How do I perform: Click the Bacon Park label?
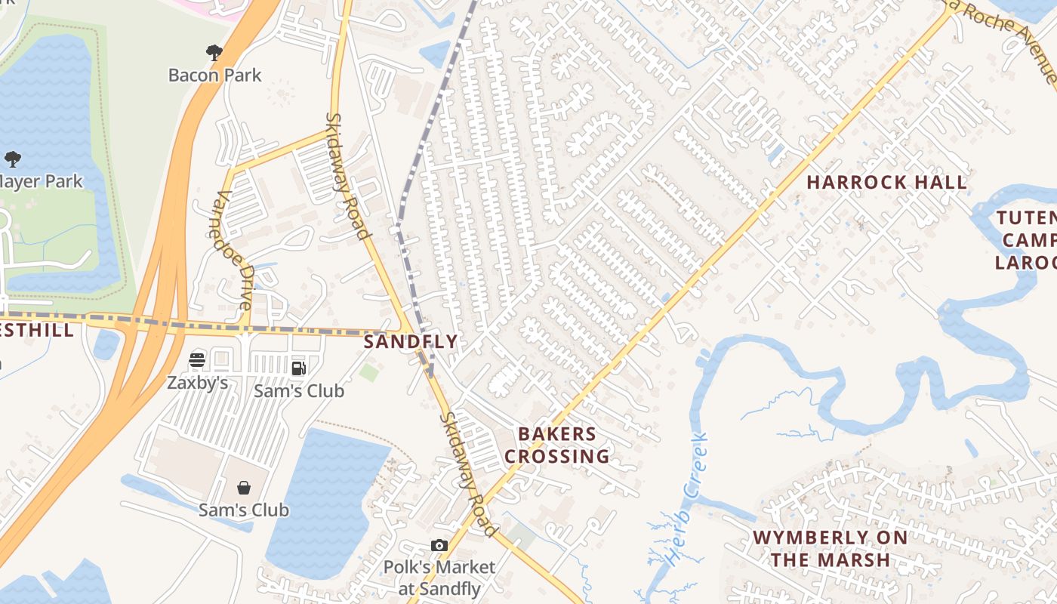214,75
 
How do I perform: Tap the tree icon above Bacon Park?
214,52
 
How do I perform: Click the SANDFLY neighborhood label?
411,341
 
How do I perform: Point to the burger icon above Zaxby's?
197,360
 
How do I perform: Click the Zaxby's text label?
197,383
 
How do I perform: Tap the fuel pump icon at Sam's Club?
299,368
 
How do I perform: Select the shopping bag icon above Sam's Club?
244,487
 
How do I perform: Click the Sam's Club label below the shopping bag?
244,510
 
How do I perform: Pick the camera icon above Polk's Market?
439,545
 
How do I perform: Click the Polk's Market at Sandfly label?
439,578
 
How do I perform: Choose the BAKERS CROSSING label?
557,445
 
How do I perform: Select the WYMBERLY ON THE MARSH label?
830,549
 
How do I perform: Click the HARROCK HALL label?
886,182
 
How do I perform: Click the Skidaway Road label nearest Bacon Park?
349,175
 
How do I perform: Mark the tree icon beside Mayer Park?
12,159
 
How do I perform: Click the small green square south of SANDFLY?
368,372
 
